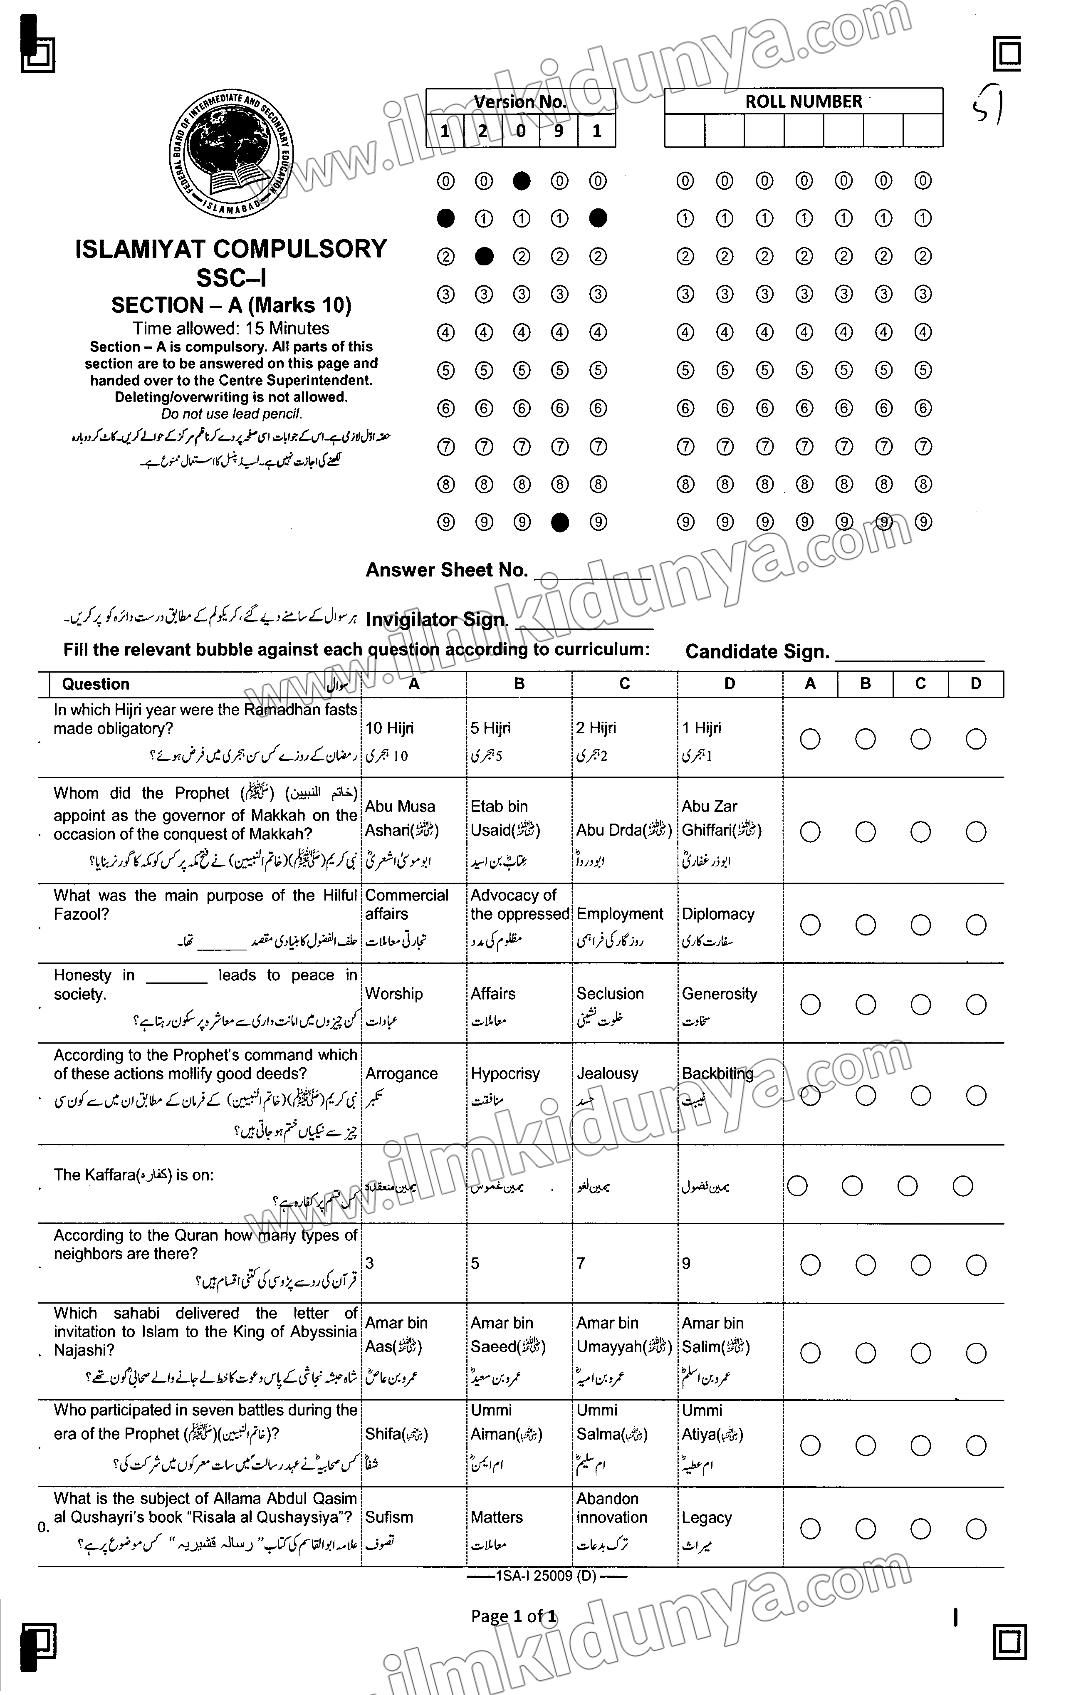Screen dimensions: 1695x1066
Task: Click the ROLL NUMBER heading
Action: (x=804, y=101)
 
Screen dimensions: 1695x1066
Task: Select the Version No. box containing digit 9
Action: (x=559, y=131)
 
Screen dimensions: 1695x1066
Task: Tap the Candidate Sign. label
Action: (x=757, y=652)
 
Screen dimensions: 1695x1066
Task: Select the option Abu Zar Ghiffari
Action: (x=721, y=819)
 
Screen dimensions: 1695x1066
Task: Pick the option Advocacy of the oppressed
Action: (x=519, y=905)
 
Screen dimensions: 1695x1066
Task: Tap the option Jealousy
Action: (x=607, y=1074)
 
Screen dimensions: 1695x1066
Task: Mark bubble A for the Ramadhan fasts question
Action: (x=810, y=739)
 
